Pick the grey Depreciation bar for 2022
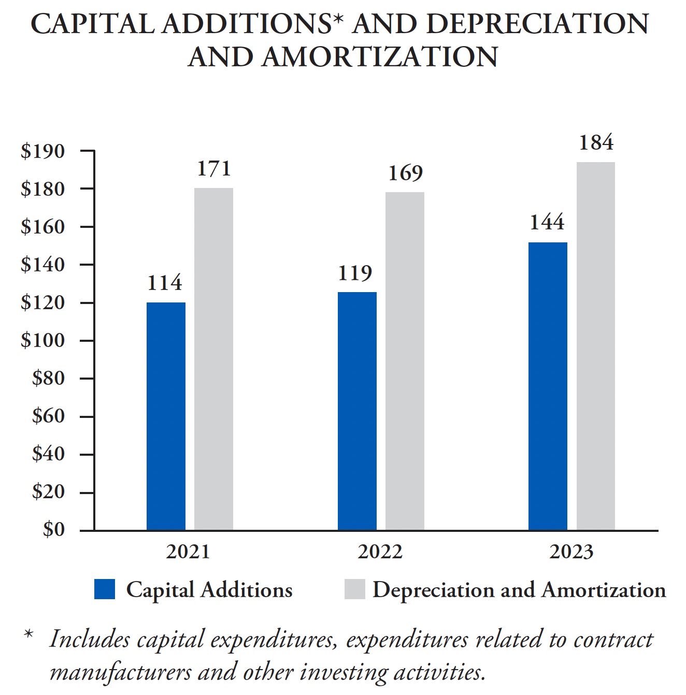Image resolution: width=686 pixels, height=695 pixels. coord(405,361)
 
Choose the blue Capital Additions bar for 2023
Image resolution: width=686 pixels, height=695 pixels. coord(548,386)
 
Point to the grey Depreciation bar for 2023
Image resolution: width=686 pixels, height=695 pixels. coord(595,346)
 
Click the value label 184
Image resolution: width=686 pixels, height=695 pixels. coord(596,142)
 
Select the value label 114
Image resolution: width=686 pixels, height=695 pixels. coord(165,283)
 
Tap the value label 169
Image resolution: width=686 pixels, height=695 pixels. coord(405,173)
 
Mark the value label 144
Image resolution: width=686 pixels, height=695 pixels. coord(547,222)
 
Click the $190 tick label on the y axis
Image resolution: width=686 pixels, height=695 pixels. coord(43,151)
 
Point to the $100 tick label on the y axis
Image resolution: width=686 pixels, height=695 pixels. coord(43,340)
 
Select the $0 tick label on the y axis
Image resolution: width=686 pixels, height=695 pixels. coord(54,529)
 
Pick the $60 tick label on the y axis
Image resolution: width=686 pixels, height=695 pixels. coord(48,416)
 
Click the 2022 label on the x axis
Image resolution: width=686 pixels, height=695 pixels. coord(380,552)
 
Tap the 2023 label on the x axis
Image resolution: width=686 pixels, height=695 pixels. coord(571,552)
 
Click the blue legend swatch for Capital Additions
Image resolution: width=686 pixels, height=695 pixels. coord(104,589)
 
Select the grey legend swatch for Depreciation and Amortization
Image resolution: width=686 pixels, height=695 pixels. coord(354,589)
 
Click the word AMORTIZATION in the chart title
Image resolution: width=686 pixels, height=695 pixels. coord(379,57)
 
